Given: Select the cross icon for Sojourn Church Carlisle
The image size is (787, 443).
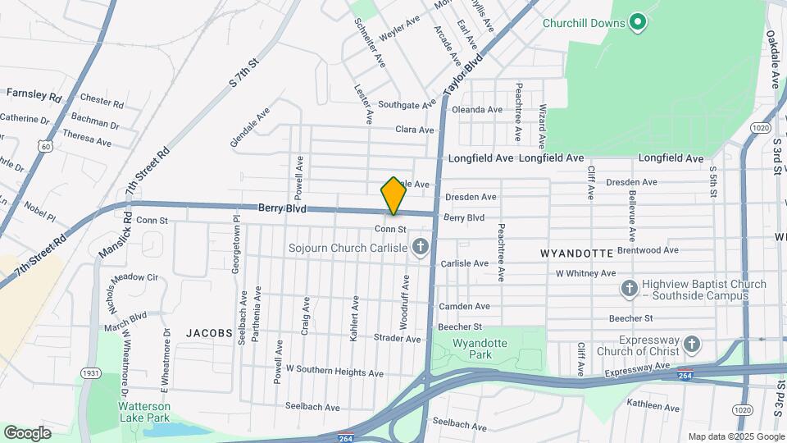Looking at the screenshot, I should coord(421,246).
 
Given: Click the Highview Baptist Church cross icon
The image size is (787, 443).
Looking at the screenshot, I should coord(629,289).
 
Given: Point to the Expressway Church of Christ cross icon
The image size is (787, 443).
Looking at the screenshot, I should coord(691,345).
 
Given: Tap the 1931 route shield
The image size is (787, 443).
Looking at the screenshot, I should coord(90,374).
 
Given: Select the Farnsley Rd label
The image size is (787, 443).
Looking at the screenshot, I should coord(34,94).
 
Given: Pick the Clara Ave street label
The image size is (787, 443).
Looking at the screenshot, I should coord(414,130).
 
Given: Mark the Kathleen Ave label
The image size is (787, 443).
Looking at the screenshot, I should coord(653,408).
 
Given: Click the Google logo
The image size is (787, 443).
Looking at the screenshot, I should coord(27,433).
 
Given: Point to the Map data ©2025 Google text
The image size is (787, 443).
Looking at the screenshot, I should coord(735,436).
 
